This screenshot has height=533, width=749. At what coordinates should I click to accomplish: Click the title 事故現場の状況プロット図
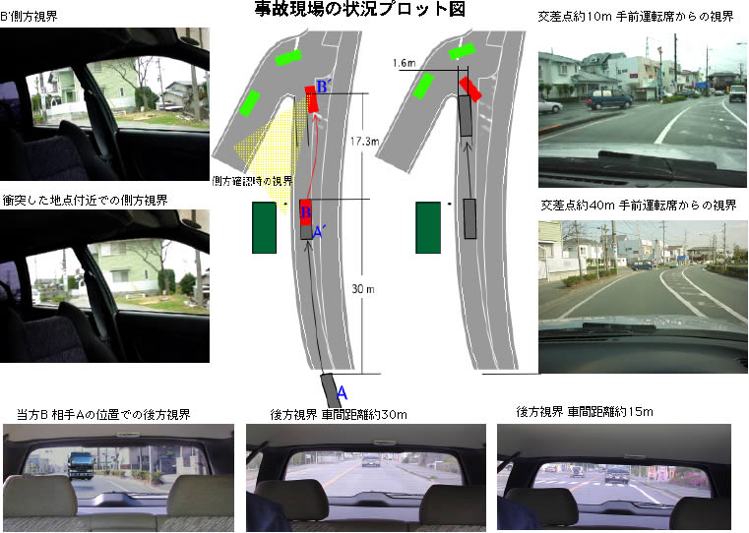[x=359, y=9]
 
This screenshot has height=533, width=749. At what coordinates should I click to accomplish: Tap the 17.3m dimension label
[x=364, y=142]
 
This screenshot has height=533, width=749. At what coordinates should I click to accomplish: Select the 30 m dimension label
[x=363, y=289]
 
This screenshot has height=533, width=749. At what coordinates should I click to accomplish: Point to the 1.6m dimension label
[x=405, y=63]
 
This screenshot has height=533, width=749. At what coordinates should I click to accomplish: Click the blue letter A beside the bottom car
[x=342, y=392]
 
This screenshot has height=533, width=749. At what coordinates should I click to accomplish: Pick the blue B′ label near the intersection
[x=324, y=87]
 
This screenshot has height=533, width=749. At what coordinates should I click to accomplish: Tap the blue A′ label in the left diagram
[x=319, y=232]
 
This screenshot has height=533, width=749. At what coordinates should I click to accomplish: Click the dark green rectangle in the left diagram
[x=264, y=227]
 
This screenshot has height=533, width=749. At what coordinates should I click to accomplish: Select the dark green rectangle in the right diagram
[x=428, y=227]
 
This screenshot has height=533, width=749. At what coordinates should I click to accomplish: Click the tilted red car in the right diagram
[x=470, y=89]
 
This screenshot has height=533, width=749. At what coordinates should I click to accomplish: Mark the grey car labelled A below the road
[x=331, y=390]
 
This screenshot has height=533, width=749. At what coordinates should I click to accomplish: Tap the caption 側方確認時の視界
[x=252, y=181]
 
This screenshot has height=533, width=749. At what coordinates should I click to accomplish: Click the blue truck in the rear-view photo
[x=81, y=465]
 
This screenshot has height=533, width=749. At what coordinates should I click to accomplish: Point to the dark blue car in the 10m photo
[x=608, y=99]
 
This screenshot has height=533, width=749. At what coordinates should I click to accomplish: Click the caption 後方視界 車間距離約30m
[x=339, y=415]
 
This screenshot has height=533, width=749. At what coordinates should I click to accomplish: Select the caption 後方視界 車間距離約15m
[x=585, y=412]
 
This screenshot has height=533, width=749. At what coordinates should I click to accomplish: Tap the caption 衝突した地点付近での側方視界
[x=85, y=201]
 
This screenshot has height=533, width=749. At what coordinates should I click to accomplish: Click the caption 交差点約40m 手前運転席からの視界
[x=639, y=206]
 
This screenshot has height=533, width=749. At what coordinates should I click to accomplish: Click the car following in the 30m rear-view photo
[x=371, y=460]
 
